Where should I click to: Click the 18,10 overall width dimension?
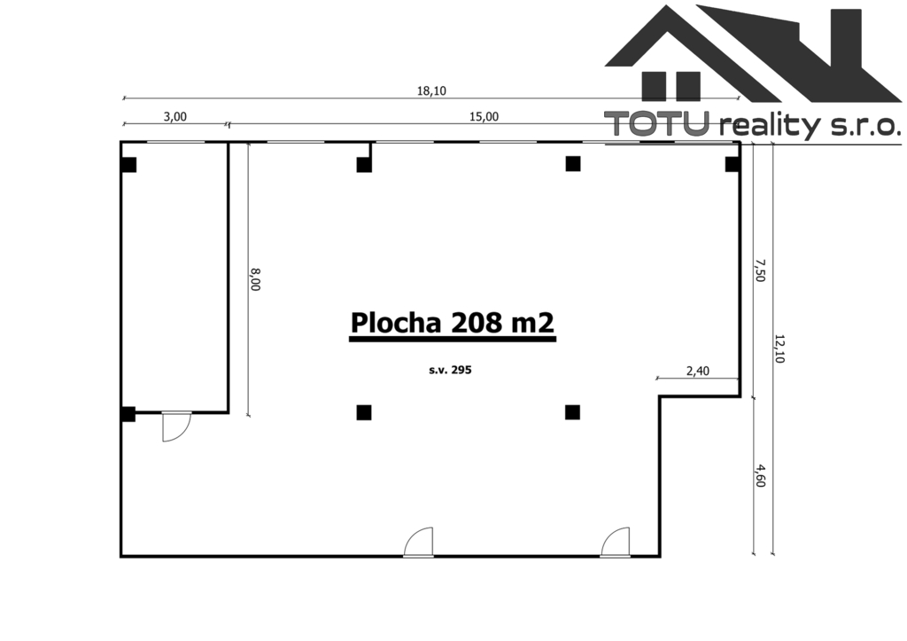click(431, 91)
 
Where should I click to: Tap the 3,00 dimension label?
click(175, 117)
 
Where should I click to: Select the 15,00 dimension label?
click(484, 117)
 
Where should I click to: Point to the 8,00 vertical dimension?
click(255, 279)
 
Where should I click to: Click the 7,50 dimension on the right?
click(760, 270)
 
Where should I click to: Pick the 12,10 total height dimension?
click(779, 348)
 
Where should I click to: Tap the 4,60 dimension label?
click(760, 475)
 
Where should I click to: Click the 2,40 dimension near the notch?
click(698, 371)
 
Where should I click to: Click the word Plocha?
click(396, 323)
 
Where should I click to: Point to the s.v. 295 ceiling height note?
click(450, 370)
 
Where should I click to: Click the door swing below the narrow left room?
click(176, 426)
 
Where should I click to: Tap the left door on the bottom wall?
click(418, 542)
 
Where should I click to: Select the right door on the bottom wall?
click(615, 542)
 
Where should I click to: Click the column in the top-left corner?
click(128, 165)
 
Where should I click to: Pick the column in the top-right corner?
click(733, 164)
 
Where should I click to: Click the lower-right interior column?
click(573, 412)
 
